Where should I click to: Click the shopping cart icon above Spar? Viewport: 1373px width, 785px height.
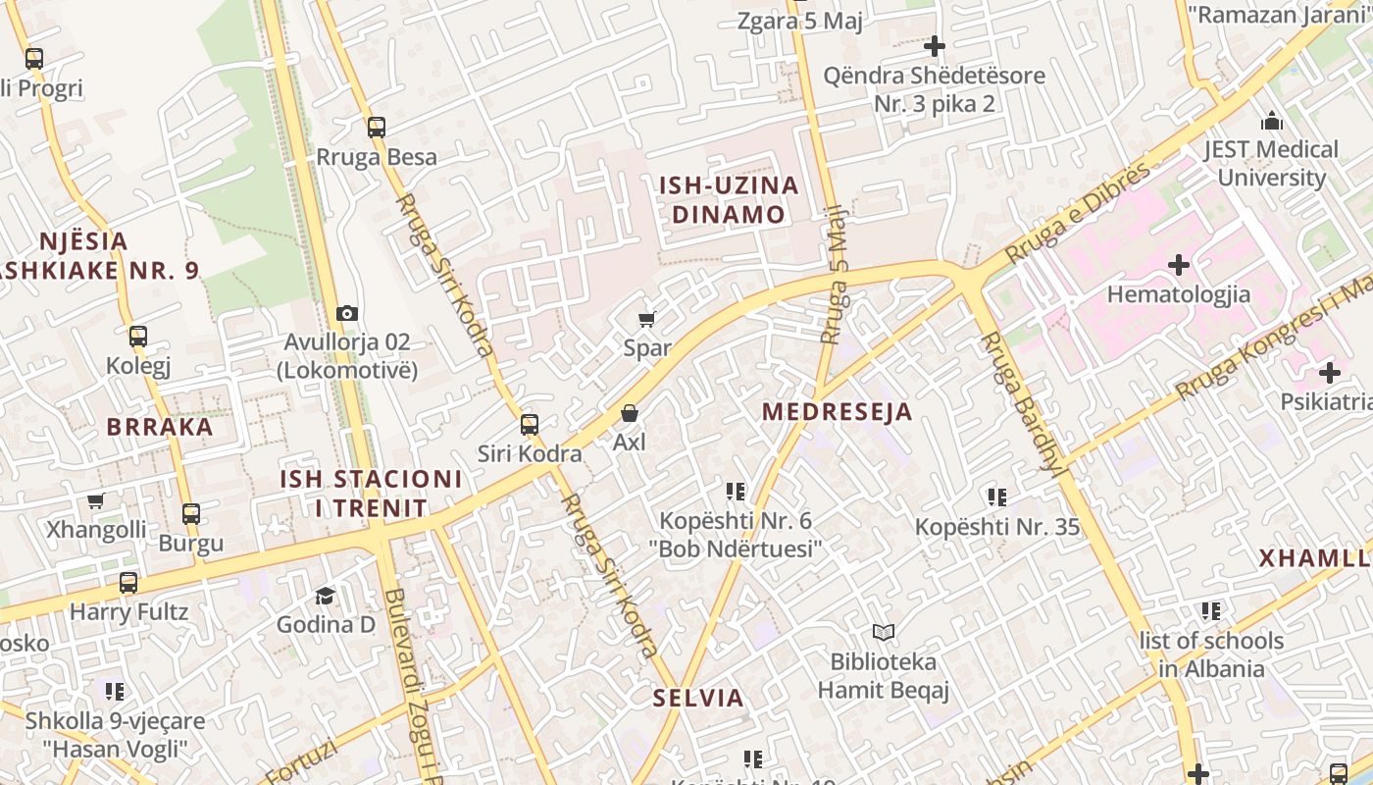[646, 319]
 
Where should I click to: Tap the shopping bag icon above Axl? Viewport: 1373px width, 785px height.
[630, 414]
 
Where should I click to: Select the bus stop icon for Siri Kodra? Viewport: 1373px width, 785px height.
[530, 425]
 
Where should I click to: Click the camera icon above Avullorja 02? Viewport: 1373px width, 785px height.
[346, 314]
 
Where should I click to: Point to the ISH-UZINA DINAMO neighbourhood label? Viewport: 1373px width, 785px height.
[729, 200]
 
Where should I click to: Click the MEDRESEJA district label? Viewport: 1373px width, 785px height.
[837, 412]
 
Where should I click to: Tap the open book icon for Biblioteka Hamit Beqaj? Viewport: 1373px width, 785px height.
[884, 633]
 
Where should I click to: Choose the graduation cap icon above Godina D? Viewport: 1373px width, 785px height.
[325, 596]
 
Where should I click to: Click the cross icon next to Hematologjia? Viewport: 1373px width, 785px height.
[1179, 265]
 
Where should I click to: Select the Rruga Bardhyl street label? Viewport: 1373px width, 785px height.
[1022, 399]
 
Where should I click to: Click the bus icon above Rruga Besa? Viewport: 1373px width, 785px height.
[376, 128]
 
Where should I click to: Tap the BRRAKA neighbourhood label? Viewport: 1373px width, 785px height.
[160, 427]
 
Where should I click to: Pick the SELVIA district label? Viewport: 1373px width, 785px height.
[698, 699]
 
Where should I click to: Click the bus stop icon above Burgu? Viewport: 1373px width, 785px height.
[191, 513]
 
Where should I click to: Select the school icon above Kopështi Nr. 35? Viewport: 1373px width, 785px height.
[997, 497]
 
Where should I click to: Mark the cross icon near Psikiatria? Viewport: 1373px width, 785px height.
[1329, 373]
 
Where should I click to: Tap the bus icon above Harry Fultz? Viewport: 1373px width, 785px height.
[128, 583]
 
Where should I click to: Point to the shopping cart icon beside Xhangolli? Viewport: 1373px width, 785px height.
[95, 501]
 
